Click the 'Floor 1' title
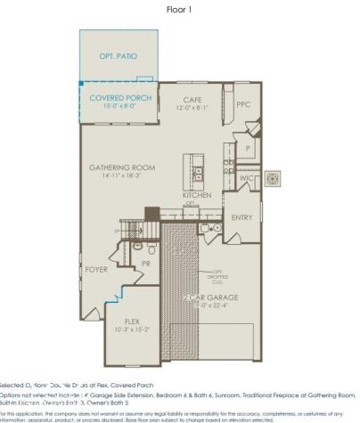(x=179, y=10)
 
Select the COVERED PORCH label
(x=120, y=97)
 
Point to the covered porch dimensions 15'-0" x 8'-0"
(x=120, y=106)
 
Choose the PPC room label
(x=244, y=104)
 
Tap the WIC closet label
(x=247, y=179)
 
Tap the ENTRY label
(x=241, y=216)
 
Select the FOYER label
(x=96, y=268)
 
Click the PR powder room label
(x=145, y=264)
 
